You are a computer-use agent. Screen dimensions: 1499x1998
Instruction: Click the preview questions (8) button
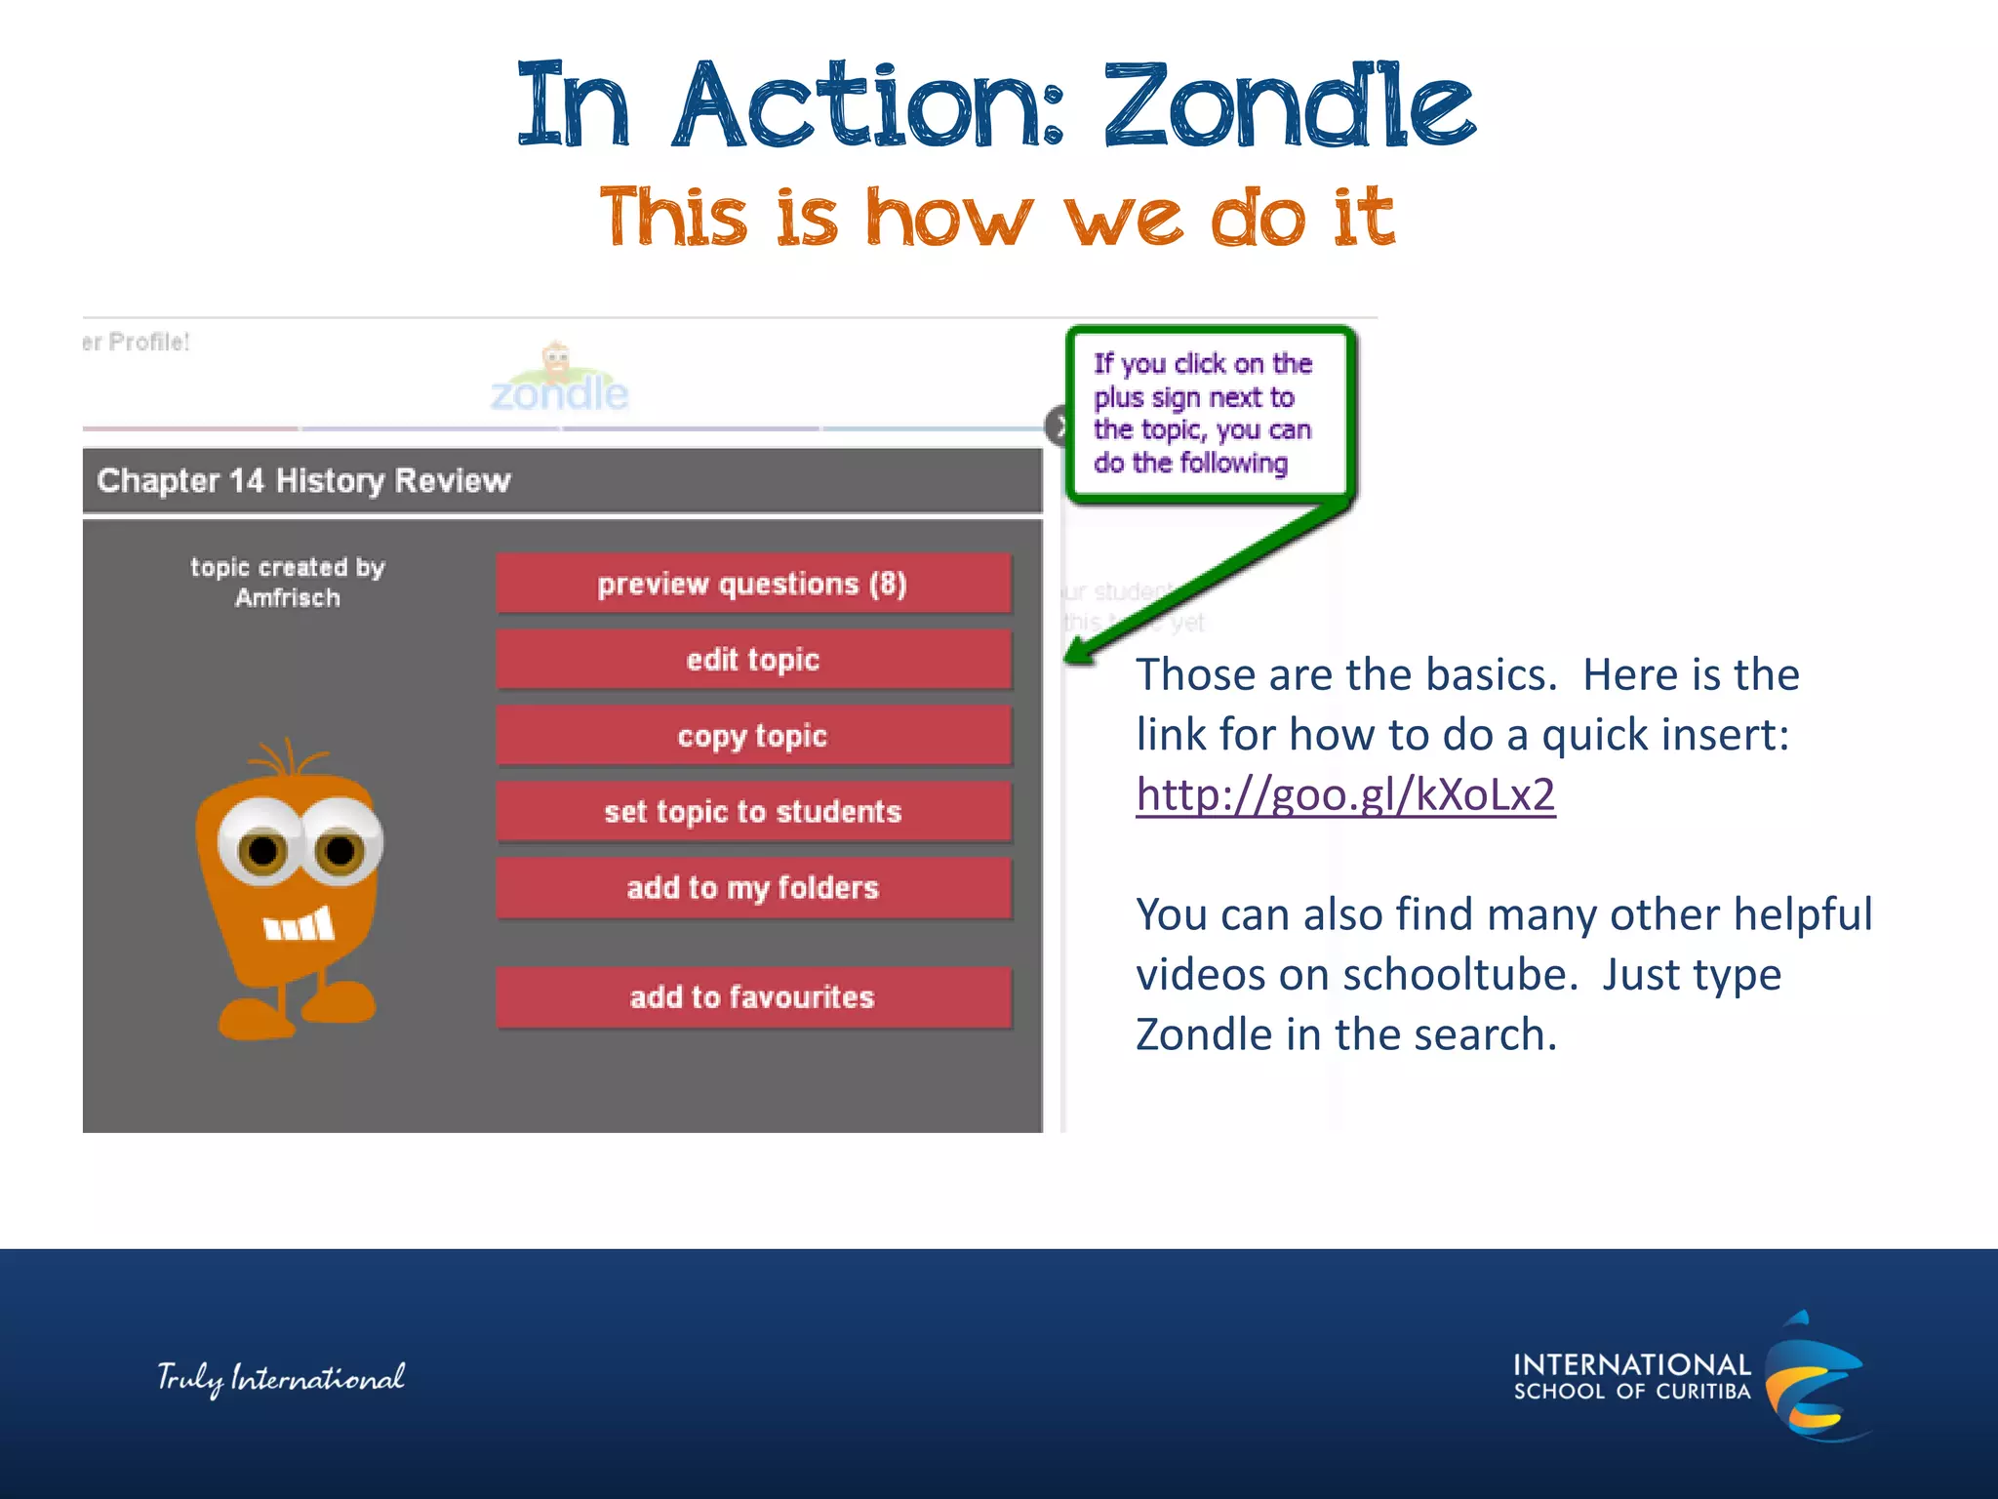(x=752, y=584)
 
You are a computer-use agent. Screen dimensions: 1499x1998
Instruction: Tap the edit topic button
(x=752, y=660)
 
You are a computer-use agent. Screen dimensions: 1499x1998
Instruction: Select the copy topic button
(x=752, y=736)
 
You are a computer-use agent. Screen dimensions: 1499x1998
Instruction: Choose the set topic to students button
(x=752, y=812)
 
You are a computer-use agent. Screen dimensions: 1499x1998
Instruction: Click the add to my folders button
(x=752, y=888)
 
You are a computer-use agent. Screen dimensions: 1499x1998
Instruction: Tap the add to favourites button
(x=752, y=997)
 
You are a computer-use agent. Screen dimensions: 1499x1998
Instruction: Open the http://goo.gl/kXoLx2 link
(x=1344, y=794)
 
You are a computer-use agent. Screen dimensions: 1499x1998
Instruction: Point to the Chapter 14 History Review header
(x=303, y=480)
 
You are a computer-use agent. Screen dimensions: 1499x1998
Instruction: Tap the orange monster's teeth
(x=300, y=924)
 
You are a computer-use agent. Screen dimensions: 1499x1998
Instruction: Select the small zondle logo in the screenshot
(x=559, y=381)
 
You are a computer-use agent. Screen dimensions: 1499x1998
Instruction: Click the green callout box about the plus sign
(x=1206, y=414)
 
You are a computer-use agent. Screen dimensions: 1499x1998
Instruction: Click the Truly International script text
(x=281, y=1378)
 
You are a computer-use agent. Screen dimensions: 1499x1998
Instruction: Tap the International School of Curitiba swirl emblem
(x=1813, y=1376)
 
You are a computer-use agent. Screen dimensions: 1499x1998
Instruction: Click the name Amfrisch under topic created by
(x=287, y=597)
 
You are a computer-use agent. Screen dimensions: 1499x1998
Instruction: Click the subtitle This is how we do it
(x=997, y=217)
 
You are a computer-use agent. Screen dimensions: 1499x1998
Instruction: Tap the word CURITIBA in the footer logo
(x=1702, y=1392)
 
